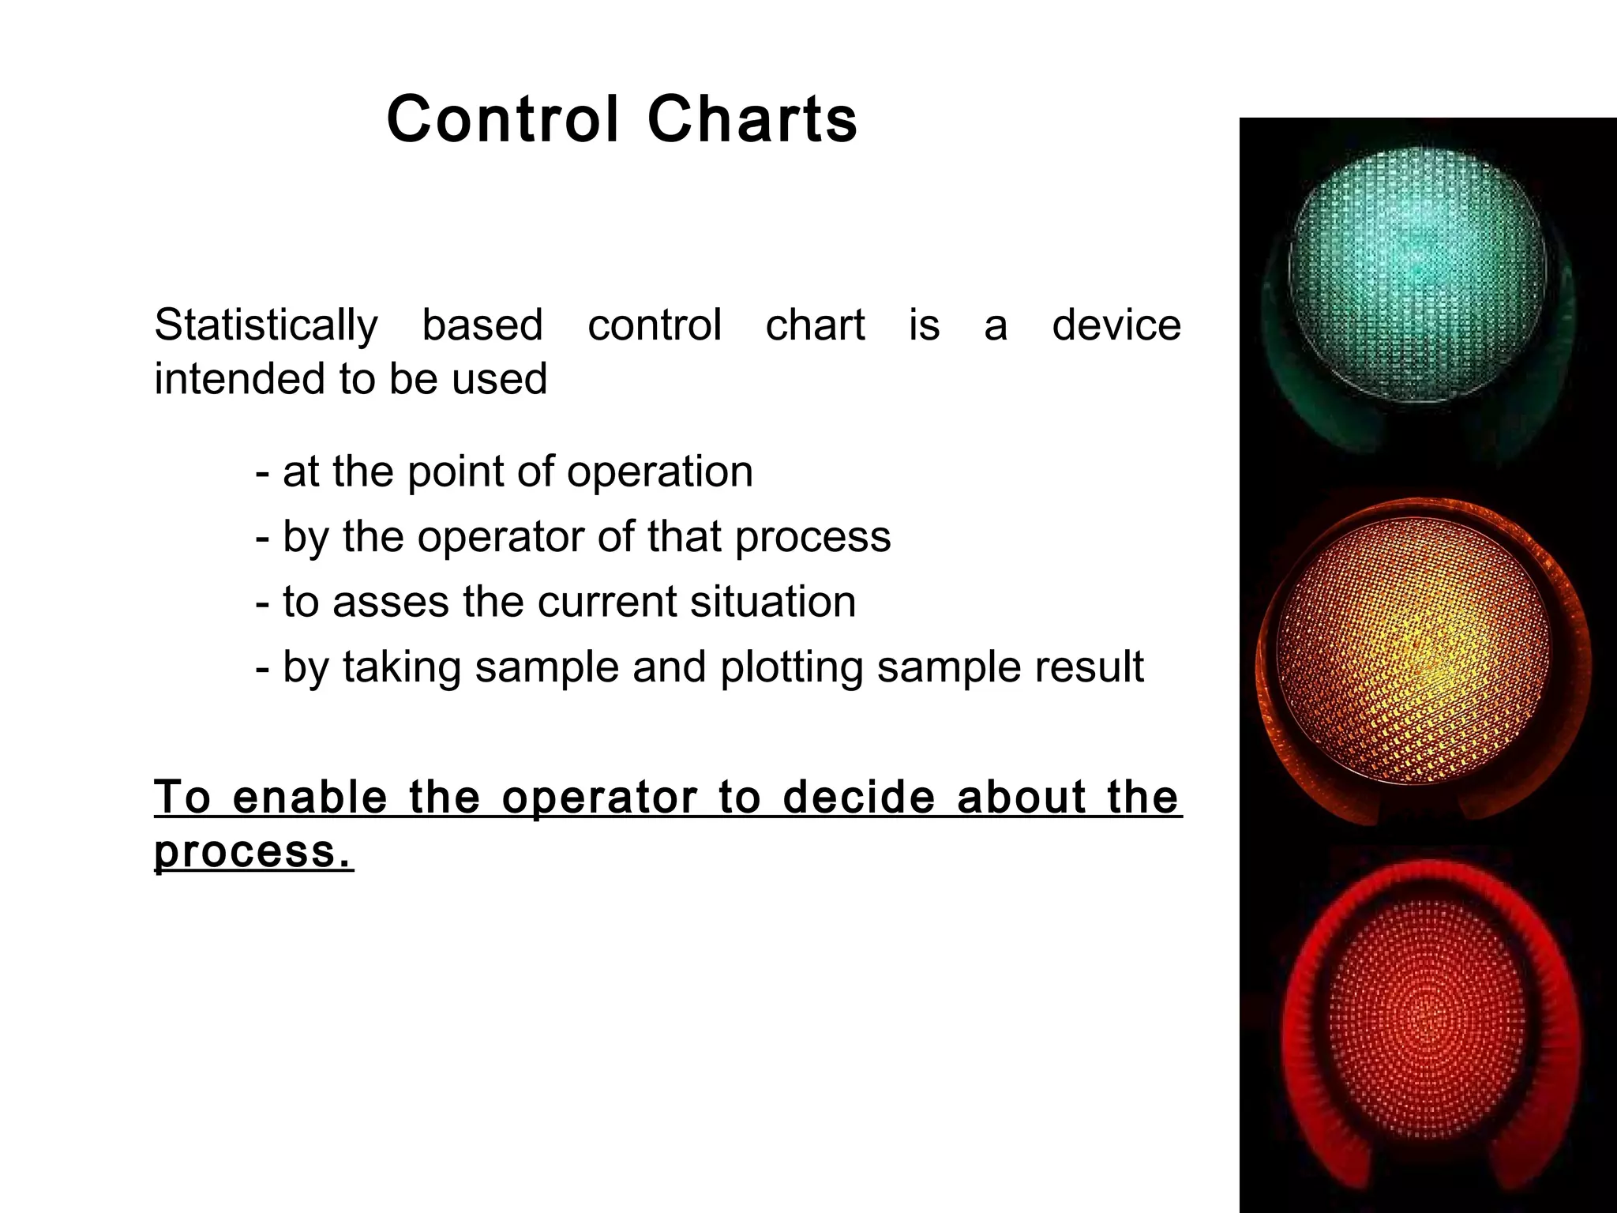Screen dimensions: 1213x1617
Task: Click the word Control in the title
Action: (x=502, y=120)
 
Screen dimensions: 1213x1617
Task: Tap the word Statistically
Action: (x=266, y=326)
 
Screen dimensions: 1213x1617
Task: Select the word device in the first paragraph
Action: (x=1116, y=325)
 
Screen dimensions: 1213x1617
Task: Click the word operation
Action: (x=659, y=473)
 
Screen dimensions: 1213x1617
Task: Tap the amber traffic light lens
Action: (x=1413, y=652)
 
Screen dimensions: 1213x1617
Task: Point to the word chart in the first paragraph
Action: (x=815, y=325)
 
